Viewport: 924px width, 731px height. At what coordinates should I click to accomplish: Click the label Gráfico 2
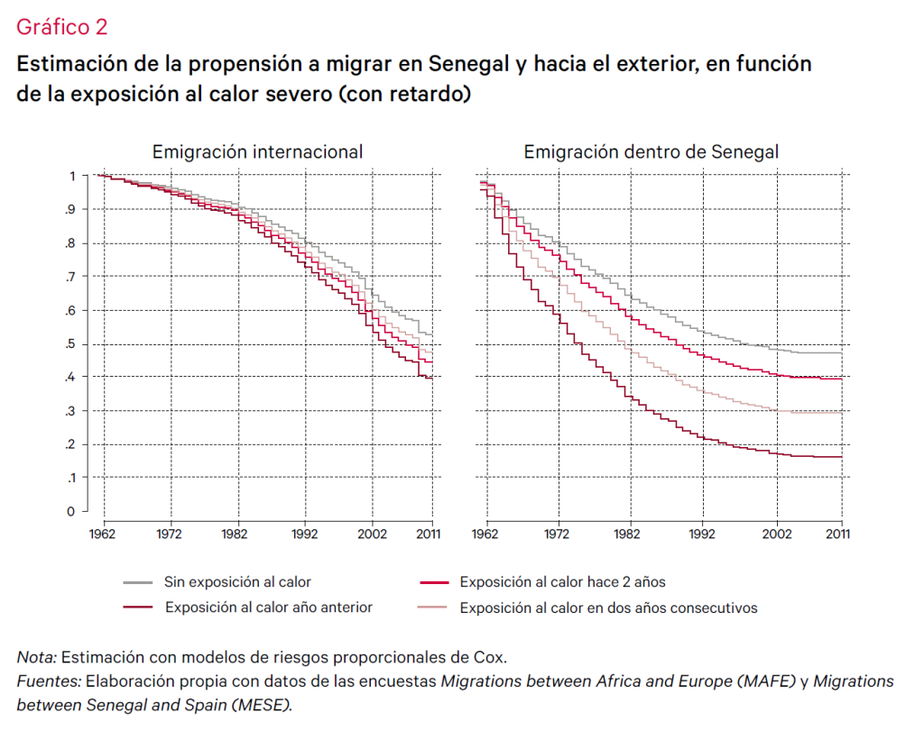[x=62, y=27]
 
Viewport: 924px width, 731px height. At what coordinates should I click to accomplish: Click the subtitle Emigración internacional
[x=257, y=151]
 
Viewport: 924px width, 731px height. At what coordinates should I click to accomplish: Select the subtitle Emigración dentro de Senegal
[x=651, y=151]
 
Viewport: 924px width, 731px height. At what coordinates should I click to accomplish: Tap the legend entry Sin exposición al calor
[x=237, y=582]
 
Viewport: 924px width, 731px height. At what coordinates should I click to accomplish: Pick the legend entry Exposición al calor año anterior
[x=268, y=608]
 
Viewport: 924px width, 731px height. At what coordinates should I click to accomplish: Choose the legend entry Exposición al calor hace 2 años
[x=562, y=582]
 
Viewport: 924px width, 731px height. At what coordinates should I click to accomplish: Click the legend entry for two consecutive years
[x=608, y=608]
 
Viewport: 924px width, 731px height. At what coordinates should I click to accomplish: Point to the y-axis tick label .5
[x=69, y=344]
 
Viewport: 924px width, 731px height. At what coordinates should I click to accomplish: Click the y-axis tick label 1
[x=71, y=176]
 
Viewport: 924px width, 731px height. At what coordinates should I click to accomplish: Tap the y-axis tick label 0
[x=70, y=512]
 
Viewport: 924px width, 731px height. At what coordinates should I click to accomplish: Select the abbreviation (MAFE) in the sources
[x=765, y=681]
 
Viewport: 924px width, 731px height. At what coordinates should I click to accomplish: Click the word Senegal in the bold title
[x=472, y=65]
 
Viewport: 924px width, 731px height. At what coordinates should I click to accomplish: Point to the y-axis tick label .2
[x=69, y=444]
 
